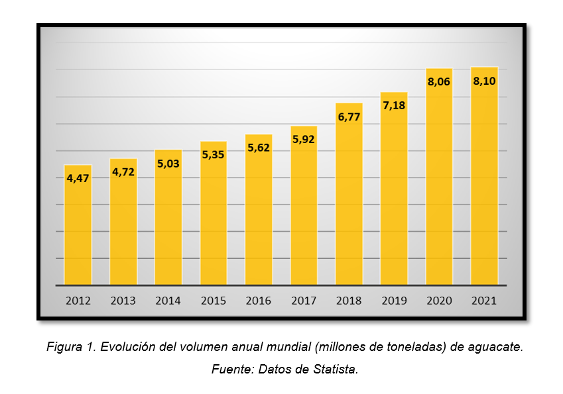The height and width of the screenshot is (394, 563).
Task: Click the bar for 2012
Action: pyautogui.click(x=78, y=225)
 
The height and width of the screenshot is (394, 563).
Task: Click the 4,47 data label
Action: pyautogui.click(x=78, y=177)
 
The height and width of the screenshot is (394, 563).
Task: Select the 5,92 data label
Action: pyautogui.click(x=304, y=139)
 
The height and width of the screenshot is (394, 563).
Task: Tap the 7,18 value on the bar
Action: pyautogui.click(x=394, y=105)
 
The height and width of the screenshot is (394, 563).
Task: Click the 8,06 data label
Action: pyautogui.click(x=439, y=82)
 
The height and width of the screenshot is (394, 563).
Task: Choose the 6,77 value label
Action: pyautogui.click(x=349, y=117)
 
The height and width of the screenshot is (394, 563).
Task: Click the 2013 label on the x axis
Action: pyautogui.click(x=123, y=301)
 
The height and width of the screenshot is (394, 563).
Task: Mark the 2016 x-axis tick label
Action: pyautogui.click(x=259, y=301)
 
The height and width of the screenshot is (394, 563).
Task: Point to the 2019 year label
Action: pyautogui.click(x=394, y=301)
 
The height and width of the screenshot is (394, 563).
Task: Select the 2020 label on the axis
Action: pyautogui.click(x=439, y=301)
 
